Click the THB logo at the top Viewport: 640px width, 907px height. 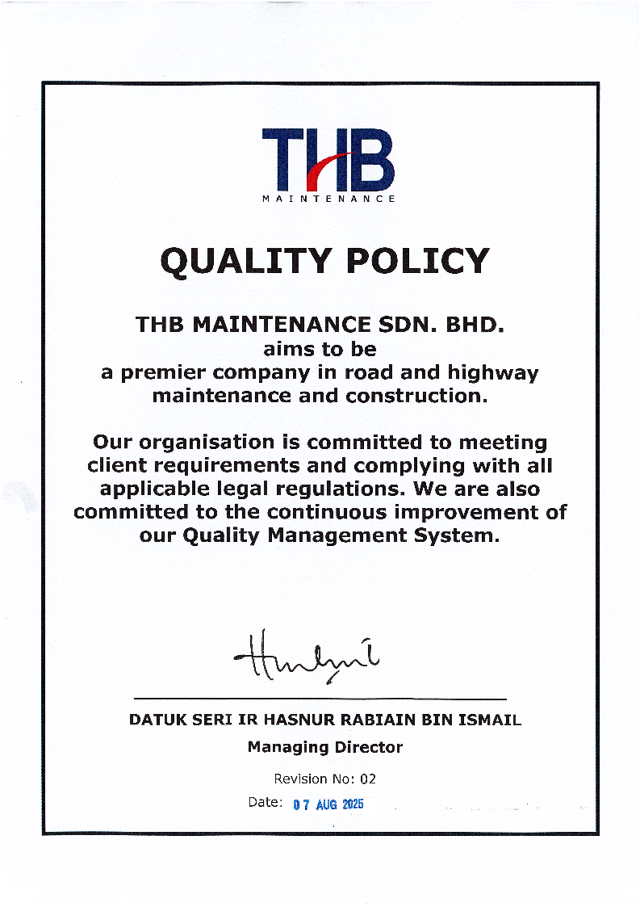point(328,160)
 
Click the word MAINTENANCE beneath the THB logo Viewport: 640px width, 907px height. point(329,199)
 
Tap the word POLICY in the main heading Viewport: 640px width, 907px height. point(414,261)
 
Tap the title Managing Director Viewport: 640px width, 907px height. point(324,747)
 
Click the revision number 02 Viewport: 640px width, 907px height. point(367,779)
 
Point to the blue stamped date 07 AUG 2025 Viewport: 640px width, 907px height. point(328,804)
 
